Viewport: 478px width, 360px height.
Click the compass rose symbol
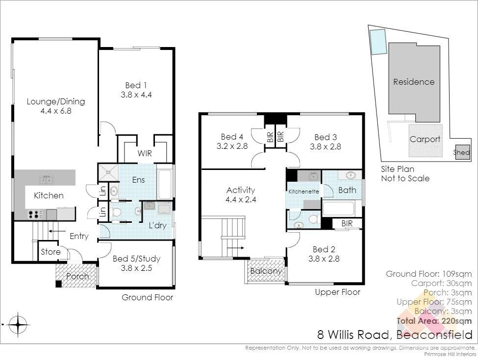tap(18, 324)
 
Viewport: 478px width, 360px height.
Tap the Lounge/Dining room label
tap(55, 101)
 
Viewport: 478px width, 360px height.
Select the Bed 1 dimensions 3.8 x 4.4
tap(136, 95)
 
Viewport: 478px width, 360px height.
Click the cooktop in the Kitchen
tap(35, 214)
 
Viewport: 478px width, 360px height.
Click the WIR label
tap(145, 154)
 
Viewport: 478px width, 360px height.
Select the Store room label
tap(50, 252)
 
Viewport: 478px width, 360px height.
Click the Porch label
tap(77, 276)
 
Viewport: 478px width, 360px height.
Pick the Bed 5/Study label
tap(136, 259)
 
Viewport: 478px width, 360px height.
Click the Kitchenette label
tap(304, 192)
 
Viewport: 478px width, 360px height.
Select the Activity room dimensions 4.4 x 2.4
tap(241, 200)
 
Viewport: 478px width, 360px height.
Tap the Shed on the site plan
tap(461, 152)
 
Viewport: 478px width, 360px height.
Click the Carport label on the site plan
tap(425, 139)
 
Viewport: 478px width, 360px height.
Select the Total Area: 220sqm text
tap(434, 321)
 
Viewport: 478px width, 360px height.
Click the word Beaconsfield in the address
tap(434, 336)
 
